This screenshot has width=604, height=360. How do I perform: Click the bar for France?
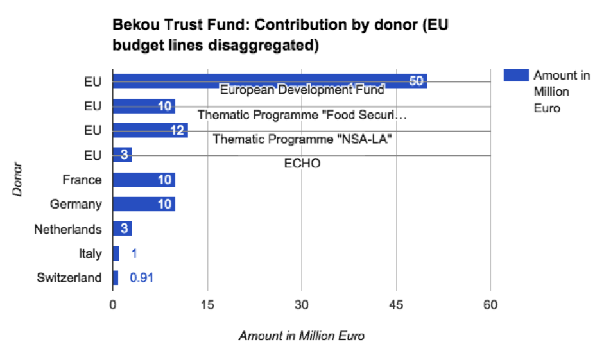pos(144,180)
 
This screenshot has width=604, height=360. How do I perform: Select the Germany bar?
pos(144,204)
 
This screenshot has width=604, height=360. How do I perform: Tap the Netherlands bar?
pos(122,229)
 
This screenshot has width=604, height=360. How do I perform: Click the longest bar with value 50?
pos(270,80)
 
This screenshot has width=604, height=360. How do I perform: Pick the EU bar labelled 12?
pos(150,130)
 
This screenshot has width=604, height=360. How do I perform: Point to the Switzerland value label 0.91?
pos(141,278)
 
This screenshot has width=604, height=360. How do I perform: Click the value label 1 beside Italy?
pos(134,253)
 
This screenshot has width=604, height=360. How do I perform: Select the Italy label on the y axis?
pos(90,253)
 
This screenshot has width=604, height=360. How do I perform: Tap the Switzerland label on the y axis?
pos(69,278)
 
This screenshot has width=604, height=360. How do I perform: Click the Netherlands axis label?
pos(68,229)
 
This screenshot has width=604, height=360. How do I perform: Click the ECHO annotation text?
pos(302,164)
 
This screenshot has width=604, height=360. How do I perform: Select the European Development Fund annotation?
pos(302,90)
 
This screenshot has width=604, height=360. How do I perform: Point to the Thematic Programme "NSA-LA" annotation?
pos(302,139)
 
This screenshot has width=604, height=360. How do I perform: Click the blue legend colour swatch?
pos(515,76)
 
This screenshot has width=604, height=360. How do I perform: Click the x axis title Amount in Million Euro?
pos(302,336)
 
